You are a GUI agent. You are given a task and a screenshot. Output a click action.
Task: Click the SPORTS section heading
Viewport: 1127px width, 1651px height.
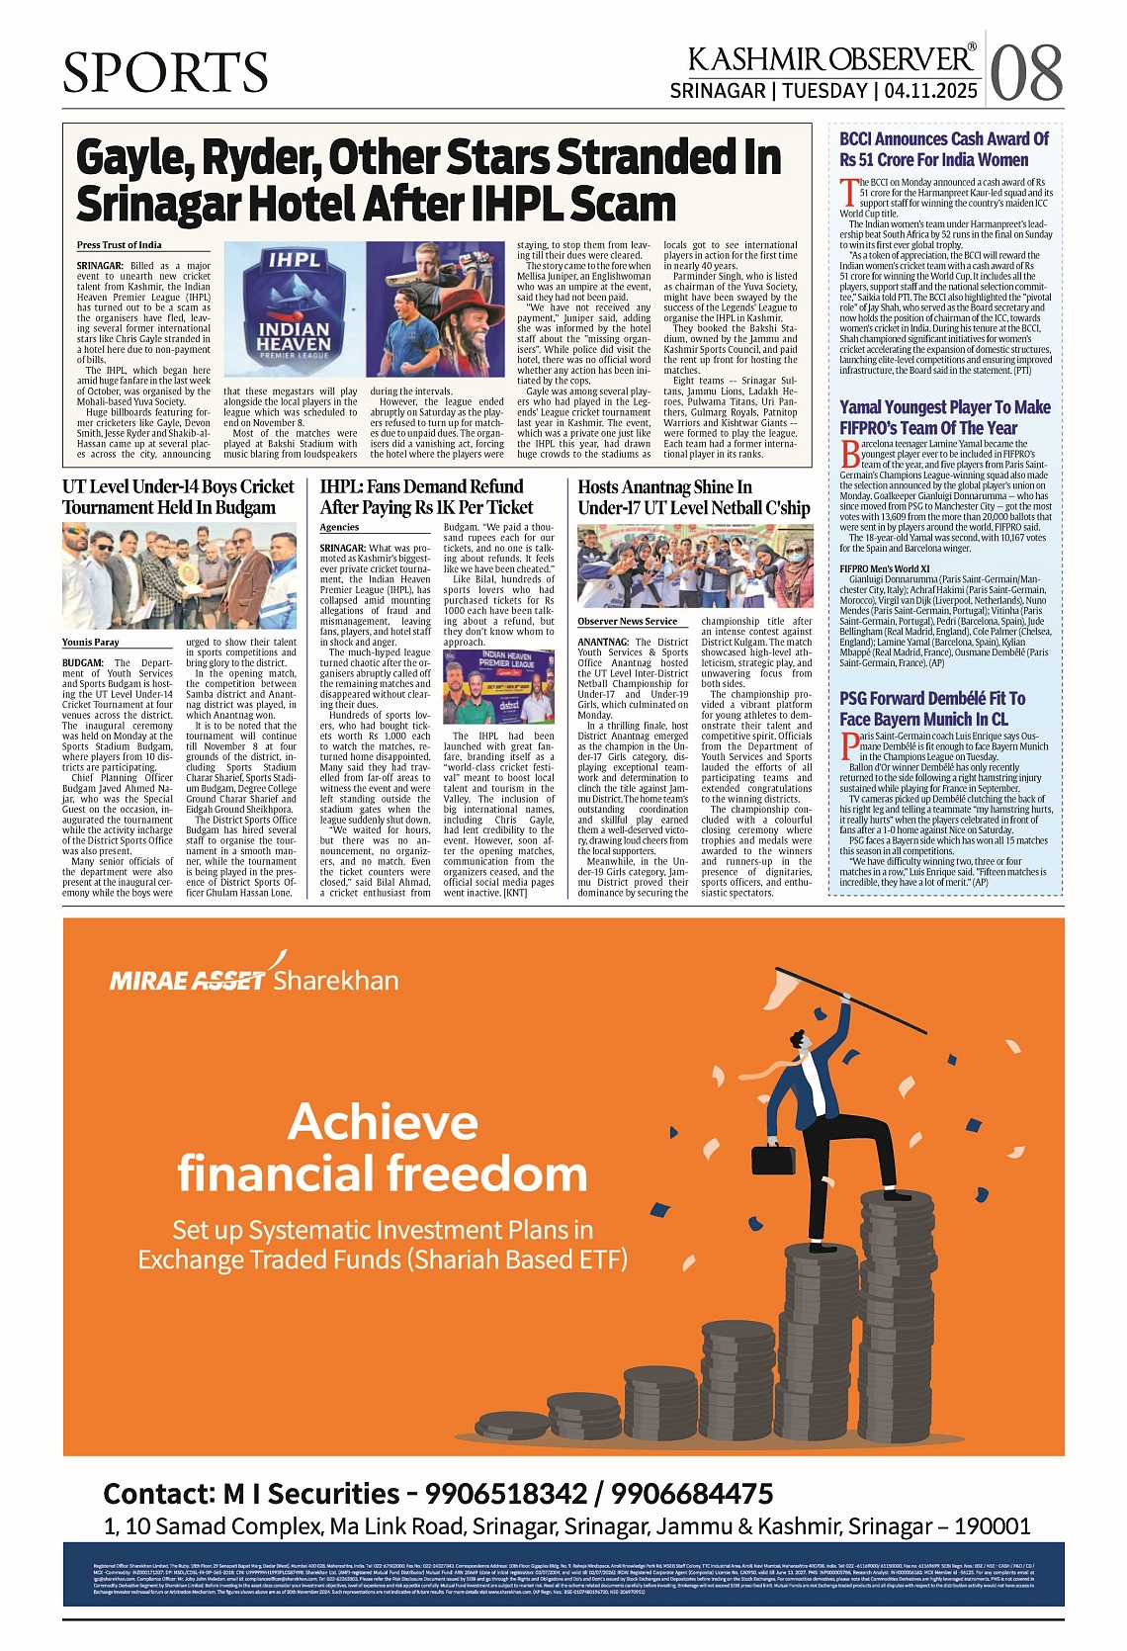(165, 73)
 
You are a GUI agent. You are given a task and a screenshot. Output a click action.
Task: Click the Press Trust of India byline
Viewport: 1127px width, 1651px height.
(120, 245)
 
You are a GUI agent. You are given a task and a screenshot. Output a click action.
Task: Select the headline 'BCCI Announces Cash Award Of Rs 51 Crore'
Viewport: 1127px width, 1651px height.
(943, 149)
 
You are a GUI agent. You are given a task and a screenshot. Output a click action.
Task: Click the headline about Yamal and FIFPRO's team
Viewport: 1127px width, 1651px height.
(944, 417)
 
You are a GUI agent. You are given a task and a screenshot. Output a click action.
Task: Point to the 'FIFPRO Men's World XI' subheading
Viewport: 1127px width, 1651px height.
(885, 568)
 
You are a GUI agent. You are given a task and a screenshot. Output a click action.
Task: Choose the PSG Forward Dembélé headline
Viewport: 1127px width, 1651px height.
(932, 708)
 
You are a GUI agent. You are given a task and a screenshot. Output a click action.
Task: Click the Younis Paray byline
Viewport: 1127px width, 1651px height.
(91, 642)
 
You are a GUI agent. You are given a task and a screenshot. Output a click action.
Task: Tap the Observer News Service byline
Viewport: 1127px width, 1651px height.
(628, 621)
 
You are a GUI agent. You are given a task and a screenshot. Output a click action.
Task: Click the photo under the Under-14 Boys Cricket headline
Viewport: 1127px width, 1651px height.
(179, 576)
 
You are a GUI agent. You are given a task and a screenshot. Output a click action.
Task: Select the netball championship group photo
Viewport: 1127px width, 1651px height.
(695, 567)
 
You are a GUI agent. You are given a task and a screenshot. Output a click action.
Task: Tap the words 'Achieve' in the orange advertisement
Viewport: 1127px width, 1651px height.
(384, 1122)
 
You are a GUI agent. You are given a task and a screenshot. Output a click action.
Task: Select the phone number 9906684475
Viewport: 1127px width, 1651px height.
(692, 1493)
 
